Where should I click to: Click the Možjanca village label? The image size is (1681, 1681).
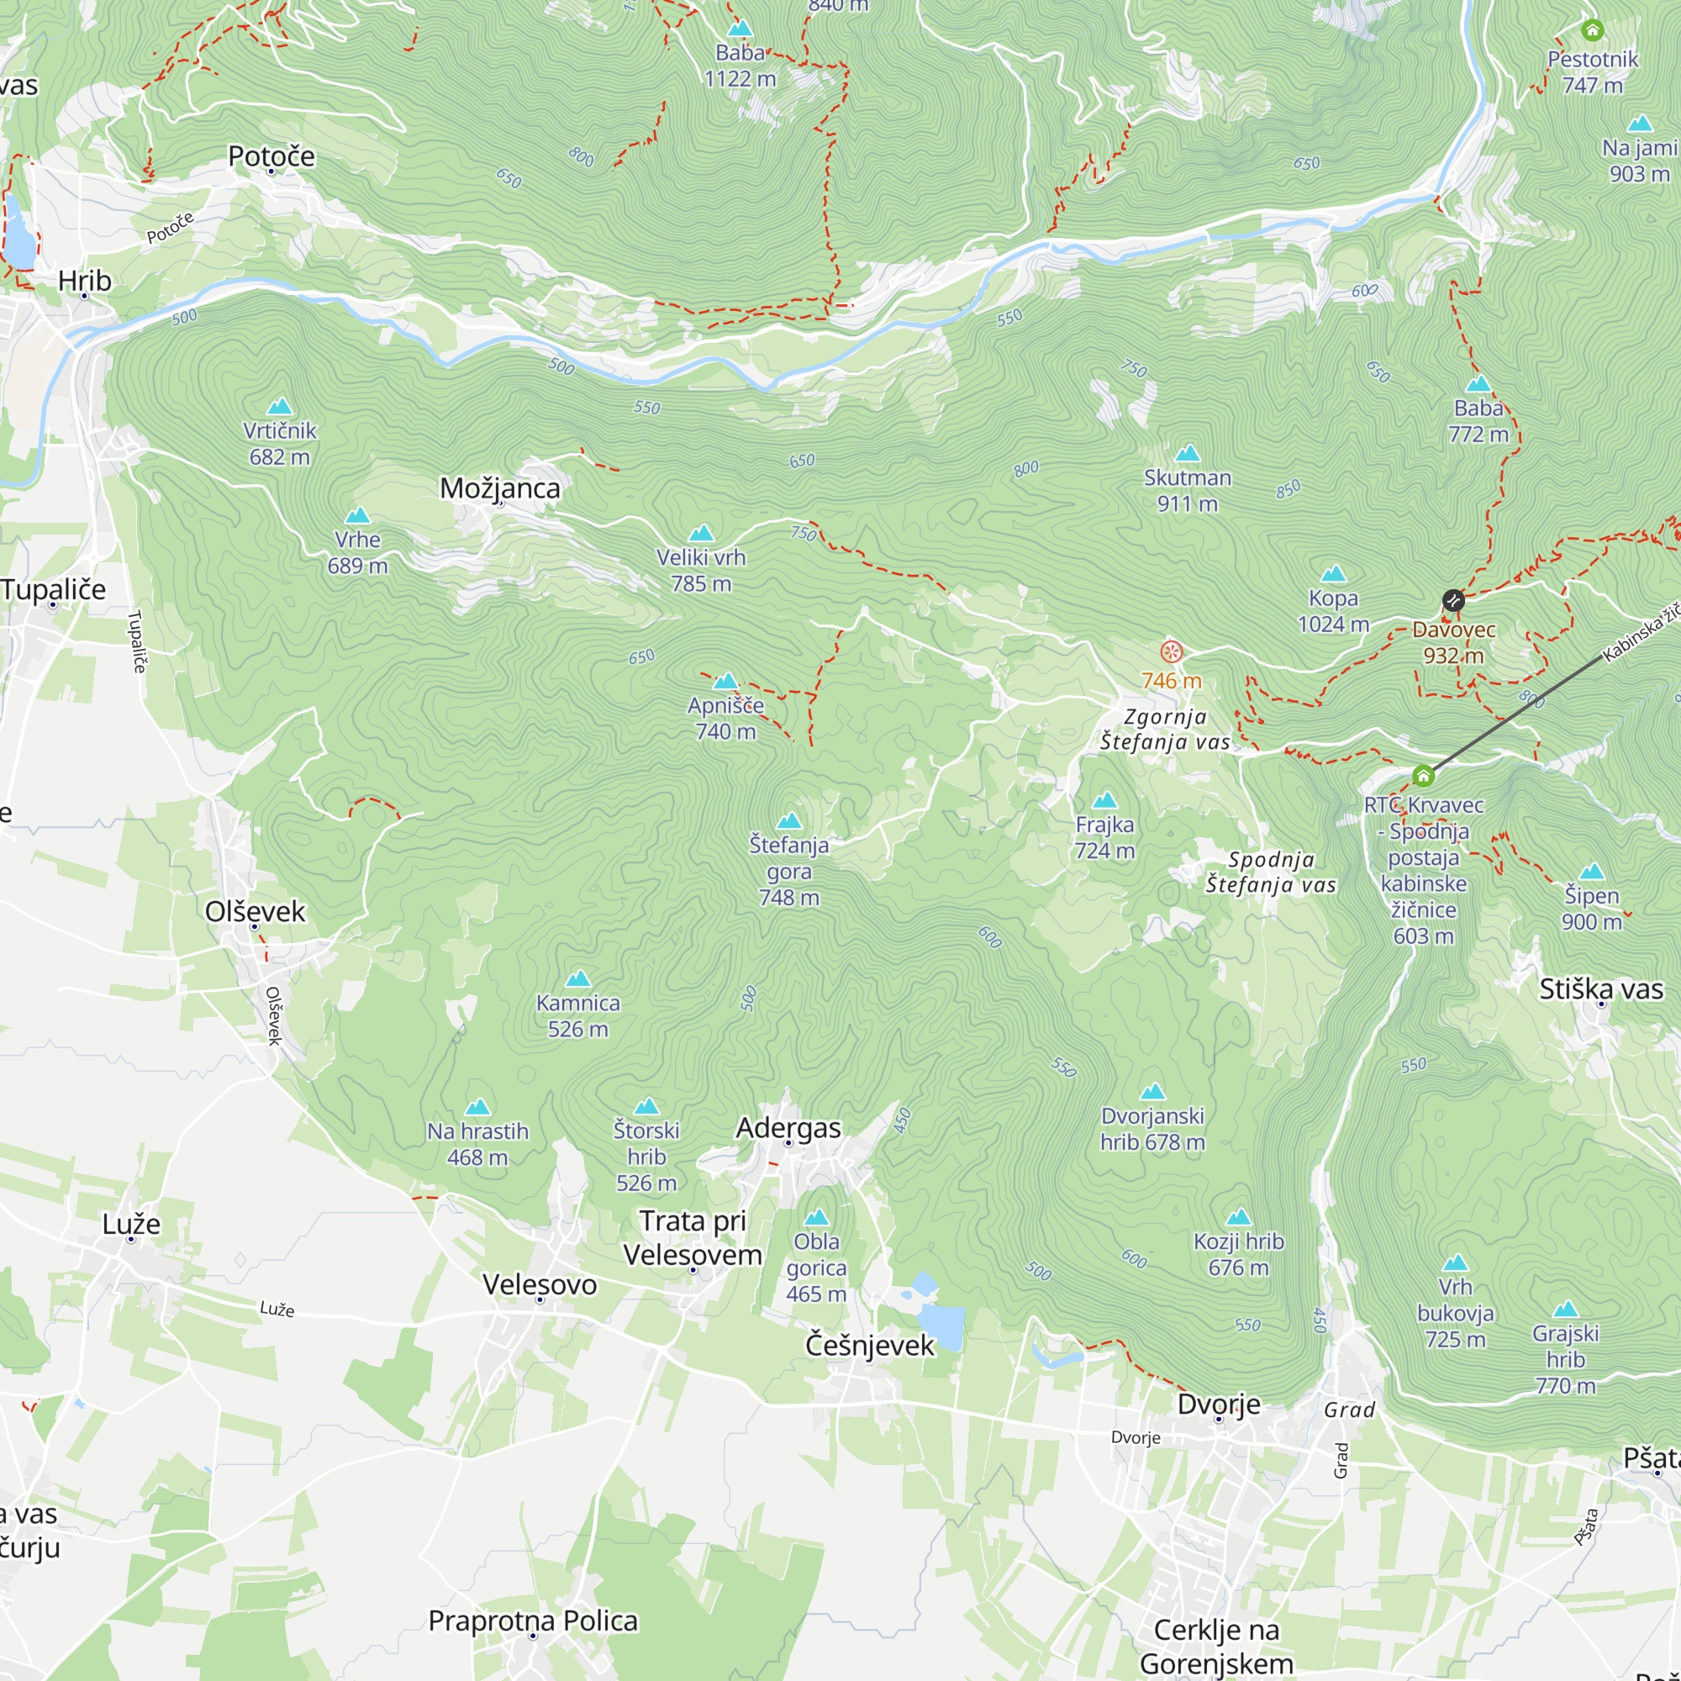499,488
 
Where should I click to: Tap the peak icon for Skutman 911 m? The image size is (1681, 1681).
1188,453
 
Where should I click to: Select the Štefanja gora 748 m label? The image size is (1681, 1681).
789,870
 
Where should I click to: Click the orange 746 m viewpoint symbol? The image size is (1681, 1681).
1172,651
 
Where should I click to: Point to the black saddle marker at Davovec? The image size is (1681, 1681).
1453,600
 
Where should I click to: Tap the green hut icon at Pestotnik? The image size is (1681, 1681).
1592,30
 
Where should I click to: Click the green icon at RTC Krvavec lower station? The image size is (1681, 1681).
1423,775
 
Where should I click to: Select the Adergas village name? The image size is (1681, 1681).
788,1128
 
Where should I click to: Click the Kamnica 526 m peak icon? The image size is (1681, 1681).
577,980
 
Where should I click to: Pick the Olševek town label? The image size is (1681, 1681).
255,911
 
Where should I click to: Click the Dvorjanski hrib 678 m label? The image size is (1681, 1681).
1152,1129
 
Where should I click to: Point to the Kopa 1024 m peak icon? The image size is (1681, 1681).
1333,574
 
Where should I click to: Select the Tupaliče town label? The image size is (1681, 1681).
53,589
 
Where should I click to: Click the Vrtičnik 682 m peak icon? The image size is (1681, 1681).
279,406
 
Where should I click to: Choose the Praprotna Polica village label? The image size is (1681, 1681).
533,1620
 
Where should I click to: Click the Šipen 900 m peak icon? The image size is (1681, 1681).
1591,872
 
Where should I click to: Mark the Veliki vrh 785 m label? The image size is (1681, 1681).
701,570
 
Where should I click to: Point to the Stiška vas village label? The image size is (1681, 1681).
1601,989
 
